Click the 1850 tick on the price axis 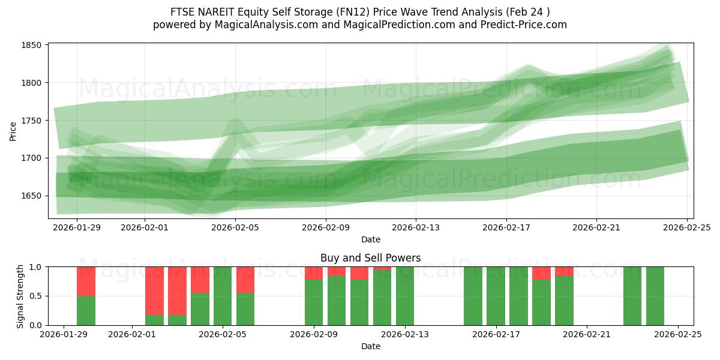(x=31, y=45)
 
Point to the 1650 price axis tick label (x=31, y=196)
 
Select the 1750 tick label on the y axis (x=31, y=121)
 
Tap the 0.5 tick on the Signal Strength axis (x=35, y=296)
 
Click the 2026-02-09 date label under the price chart (x=325, y=227)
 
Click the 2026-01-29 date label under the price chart (x=77, y=227)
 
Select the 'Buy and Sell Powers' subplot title (x=370, y=258)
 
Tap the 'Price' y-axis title (x=13, y=131)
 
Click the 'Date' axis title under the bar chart (x=370, y=346)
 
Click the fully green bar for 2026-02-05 (x=223, y=296)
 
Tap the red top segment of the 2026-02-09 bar (x=314, y=273)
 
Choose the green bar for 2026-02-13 (x=405, y=296)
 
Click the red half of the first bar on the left (x=86, y=281)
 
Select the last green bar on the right (x=655, y=296)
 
